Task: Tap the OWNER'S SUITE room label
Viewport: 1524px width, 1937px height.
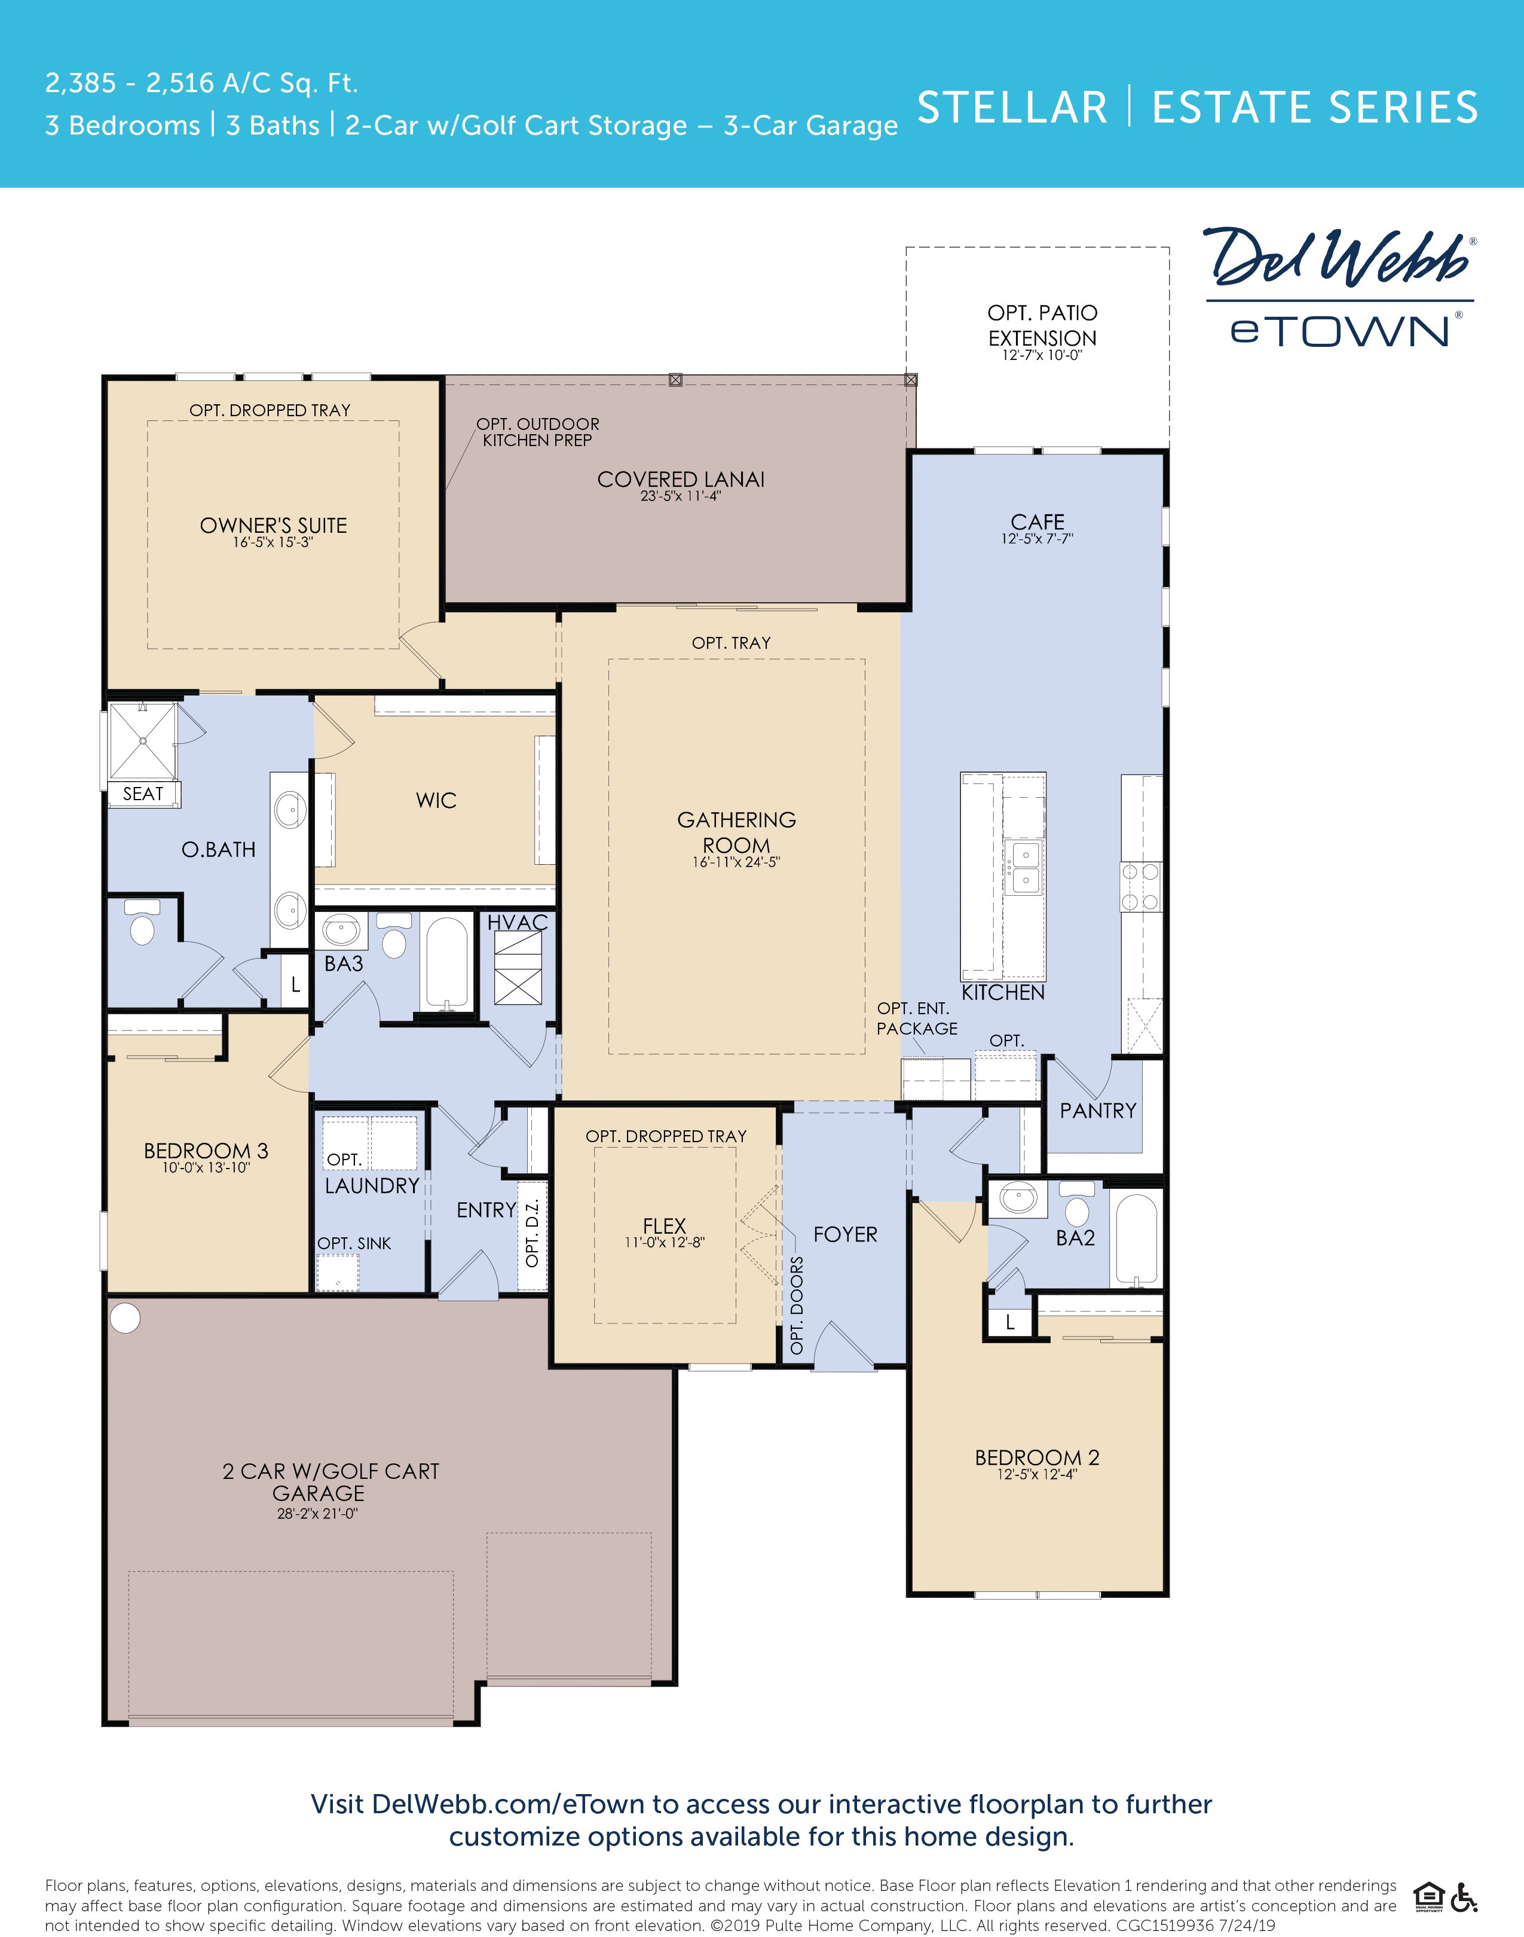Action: (x=273, y=525)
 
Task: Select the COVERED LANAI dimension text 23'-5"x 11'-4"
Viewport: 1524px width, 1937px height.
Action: (x=680, y=496)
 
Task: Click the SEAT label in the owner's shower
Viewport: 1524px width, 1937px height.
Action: (x=143, y=794)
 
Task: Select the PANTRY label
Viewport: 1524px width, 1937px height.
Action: (x=1097, y=1111)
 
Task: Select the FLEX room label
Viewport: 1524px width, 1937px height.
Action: (x=664, y=1225)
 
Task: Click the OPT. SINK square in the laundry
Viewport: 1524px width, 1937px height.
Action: (x=338, y=1271)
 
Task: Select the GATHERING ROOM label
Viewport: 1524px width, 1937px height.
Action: (x=736, y=832)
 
